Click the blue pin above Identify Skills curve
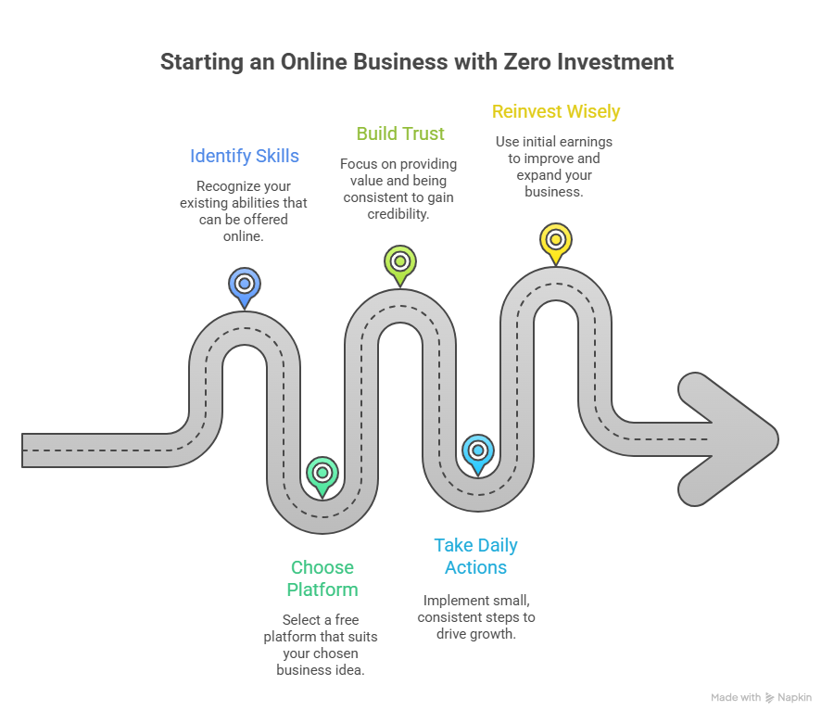click(244, 285)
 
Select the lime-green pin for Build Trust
click(399, 261)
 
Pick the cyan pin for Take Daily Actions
click(477, 451)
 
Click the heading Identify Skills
click(245, 156)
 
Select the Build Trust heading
click(400, 133)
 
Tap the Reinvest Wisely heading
click(556, 111)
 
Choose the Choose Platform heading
click(322, 578)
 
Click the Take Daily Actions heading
click(476, 556)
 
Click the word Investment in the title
click(620, 62)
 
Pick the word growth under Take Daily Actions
click(493, 633)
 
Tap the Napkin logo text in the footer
click(794, 697)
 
